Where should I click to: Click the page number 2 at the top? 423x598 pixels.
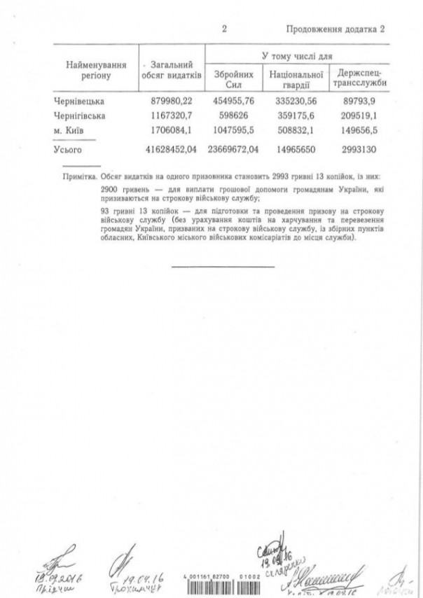point(223,29)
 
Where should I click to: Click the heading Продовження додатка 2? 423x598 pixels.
point(336,29)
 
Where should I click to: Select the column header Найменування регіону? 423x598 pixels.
point(95,69)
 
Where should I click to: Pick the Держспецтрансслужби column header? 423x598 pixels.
point(358,76)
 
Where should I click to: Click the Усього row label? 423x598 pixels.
point(68,148)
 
